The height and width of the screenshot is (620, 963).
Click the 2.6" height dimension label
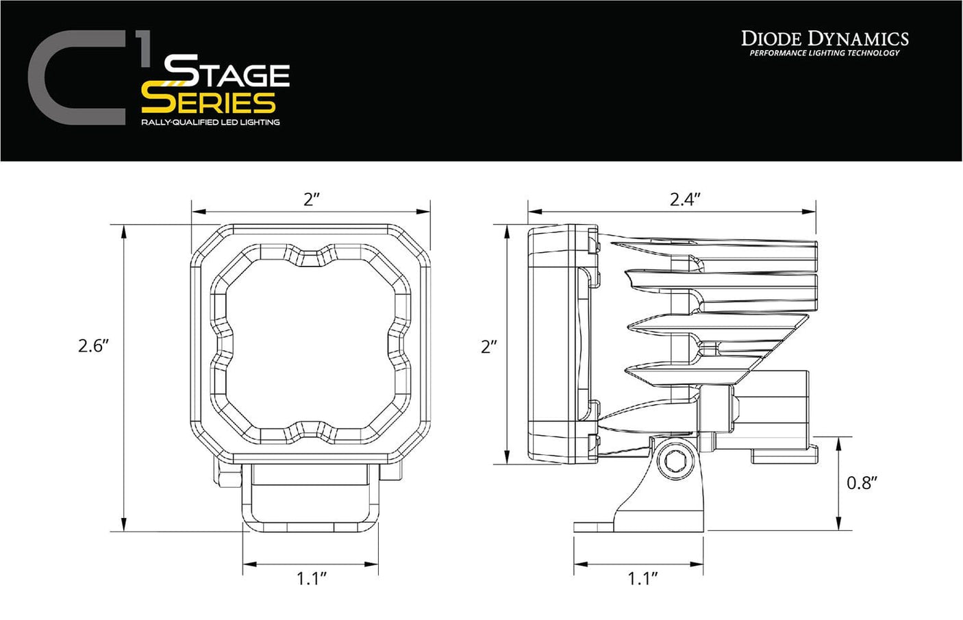pos(93,345)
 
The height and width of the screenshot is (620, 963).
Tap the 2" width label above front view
pos(312,199)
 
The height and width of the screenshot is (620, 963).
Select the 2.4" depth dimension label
pos(684,199)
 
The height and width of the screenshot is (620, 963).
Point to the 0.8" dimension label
pos(862,483)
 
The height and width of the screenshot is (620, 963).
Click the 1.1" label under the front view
pos(311,579)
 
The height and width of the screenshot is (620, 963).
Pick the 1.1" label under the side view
pos(642,579)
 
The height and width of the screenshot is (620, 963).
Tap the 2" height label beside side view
pos(489,347)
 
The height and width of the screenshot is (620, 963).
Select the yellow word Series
pos(208,102)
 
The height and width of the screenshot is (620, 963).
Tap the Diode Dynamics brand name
pos(825,38)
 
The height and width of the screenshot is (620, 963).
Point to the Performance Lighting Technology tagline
pos(824,53)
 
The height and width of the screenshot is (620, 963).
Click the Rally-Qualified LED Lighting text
pos(210,123)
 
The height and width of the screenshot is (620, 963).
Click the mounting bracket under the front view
pos(311,497)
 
